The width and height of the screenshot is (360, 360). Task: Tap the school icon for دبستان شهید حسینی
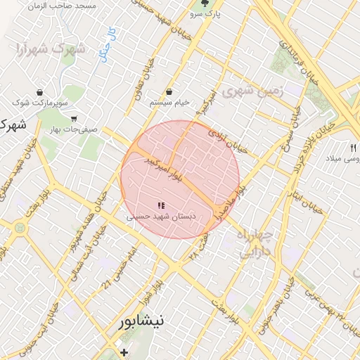pyautogui.click(x=161, y=206)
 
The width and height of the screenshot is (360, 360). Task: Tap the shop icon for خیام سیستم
pyautogui.click(x=169, y=91)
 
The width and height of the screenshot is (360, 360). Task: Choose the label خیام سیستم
pyautogui.click(x=169, y=103)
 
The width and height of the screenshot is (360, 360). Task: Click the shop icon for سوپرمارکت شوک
pyautogui.click(x=39, y=92)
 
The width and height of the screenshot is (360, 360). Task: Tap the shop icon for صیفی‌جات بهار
pyautogui.click(x=74, y=118)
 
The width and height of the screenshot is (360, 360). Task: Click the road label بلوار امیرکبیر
pyautogui.click(x=164, y=166)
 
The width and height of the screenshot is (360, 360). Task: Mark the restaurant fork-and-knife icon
pyautogui.click(x=353, y=148)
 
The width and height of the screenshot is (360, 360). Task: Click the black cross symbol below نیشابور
pyautogui.click(x=124, y=352)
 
